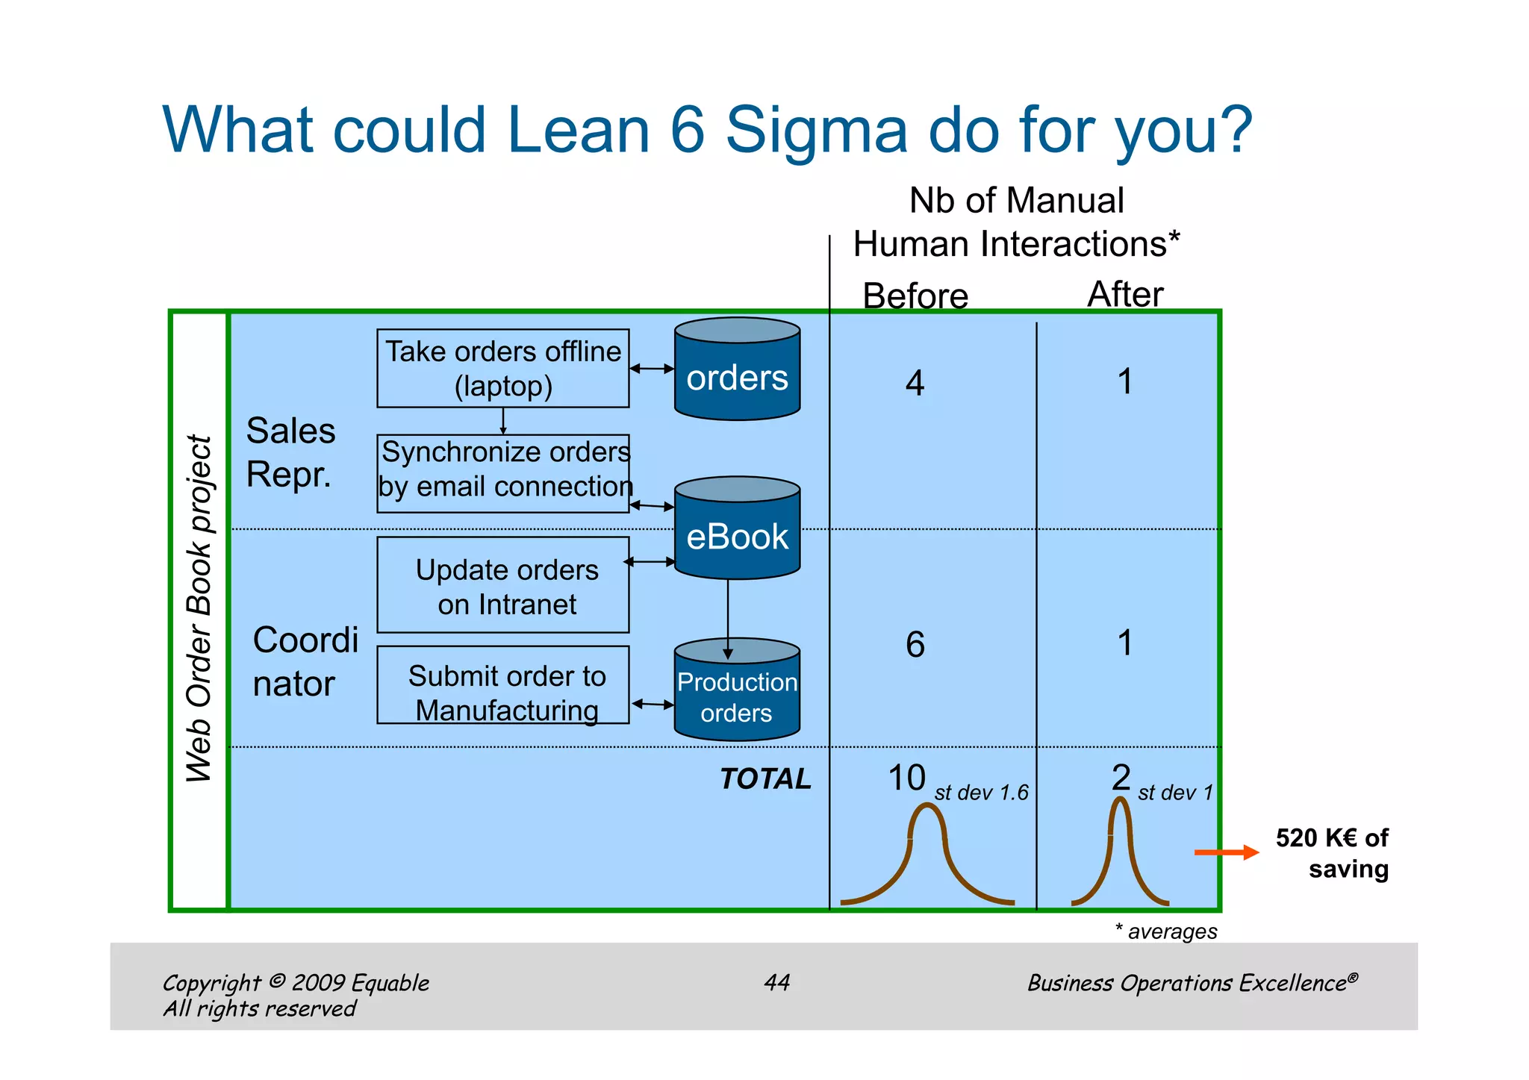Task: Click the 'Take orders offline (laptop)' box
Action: click(x=502, y=368)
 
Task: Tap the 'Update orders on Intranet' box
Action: click(x=502, y=584)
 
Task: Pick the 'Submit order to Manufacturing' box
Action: click(x=502, y=684)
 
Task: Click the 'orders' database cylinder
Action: click(x=737, y=369)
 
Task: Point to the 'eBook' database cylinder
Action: click(x=737, y=528)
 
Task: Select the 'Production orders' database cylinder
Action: click(x=737, y=690)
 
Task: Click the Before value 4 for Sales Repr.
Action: click(x=915, y=383)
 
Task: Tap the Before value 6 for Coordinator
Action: click(x=915, y=644)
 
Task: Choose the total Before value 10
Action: click(x=906, y=778)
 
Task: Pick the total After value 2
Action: click(x=1121, y=777)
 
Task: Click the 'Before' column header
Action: click(x=915, y=296)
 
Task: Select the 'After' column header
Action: click(x=1125, y=294)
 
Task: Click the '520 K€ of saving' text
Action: click(x=1333, y=853)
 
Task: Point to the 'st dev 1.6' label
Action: click(x=981, y=793)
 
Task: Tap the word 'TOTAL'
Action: click(x=765, y=778)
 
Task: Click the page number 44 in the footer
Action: click(x=776, y=982)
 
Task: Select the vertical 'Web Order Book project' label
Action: click(x=199, y=608)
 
